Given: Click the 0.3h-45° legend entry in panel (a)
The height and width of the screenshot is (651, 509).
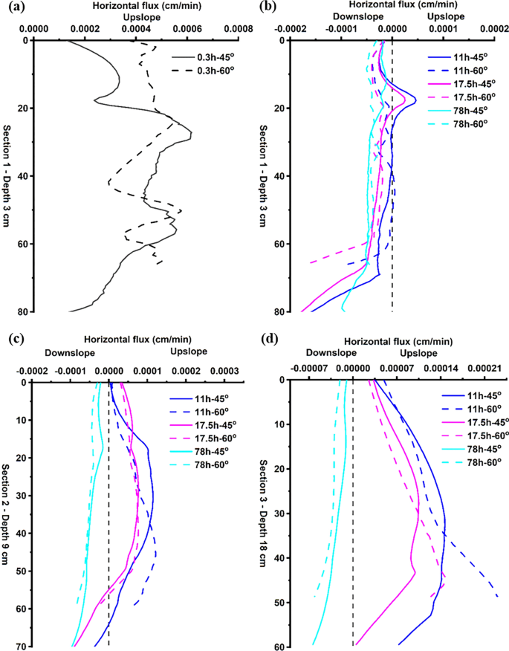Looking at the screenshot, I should pyautogui.click(x=214, y=57).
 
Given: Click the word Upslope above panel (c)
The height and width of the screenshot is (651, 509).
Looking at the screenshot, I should pyautogui.click(x=189, y=352).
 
